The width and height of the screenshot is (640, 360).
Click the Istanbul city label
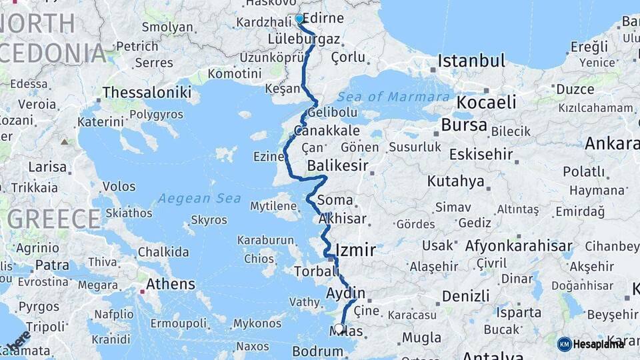tap(471, 62)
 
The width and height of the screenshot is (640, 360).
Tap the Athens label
tap(171, 285)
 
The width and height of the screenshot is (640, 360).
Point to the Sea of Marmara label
tap(393, 97)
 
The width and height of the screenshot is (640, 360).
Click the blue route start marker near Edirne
tap(299, 19)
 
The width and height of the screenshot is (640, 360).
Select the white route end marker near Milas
tap(340, 328)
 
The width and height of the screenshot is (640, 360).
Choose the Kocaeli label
tap(486, 103)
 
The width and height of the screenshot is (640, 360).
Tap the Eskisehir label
tap(481, 155)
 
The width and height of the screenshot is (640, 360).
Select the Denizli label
tap(465, 295)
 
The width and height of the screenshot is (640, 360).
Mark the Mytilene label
tap(273, 207)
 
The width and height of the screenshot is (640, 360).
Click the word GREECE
tap(55, 219)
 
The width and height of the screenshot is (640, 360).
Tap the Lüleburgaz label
tap(304, 39)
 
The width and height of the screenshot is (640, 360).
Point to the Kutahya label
tap(455, 181)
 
